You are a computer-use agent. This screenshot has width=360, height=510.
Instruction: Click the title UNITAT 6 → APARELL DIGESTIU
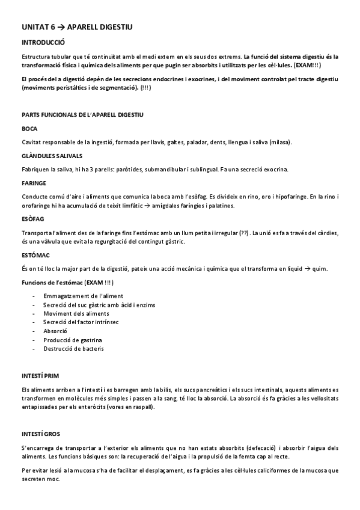(76, 27)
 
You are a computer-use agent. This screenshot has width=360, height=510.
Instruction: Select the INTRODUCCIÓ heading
(43, 43)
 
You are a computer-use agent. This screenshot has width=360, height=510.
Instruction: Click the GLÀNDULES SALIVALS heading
(51, 155)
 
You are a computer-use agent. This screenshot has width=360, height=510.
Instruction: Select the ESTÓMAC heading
(35, 255)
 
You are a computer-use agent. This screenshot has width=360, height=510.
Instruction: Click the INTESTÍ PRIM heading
(40, 375)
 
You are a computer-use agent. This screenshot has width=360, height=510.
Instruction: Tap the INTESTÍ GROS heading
(40, 433)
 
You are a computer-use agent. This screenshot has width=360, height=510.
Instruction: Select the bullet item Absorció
(55, 331)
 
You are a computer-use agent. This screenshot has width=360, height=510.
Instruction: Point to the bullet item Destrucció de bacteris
(73, 349)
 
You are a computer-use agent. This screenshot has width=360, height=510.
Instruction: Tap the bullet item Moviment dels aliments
(76, 314)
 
